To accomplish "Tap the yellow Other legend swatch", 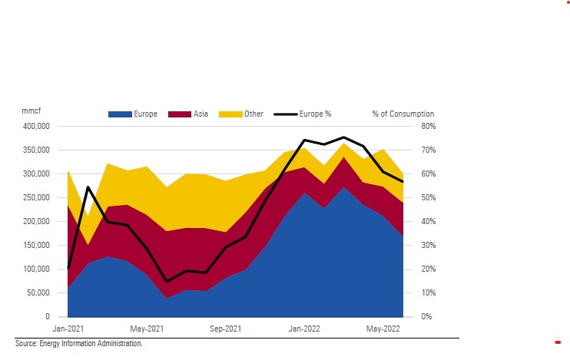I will [230, 114].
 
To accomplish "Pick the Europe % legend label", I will [315, 114].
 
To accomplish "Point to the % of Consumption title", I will [403, 114].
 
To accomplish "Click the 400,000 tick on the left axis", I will [35, 126].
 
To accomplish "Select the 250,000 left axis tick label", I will [35, 197].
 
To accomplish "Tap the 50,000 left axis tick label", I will [37, 292].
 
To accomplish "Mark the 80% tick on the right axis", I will [428, 126].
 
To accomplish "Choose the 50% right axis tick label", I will [428, 197].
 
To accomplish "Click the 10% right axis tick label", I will [428, 292].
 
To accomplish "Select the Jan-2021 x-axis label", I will [69, 329].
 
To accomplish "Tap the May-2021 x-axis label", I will [147, 329].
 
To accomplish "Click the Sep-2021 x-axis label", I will [226, 329].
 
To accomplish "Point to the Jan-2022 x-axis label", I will [304, 329].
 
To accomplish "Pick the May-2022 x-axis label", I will [383, 329].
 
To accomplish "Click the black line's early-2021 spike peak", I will [88, 187].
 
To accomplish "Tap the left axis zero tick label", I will [47, 316].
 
